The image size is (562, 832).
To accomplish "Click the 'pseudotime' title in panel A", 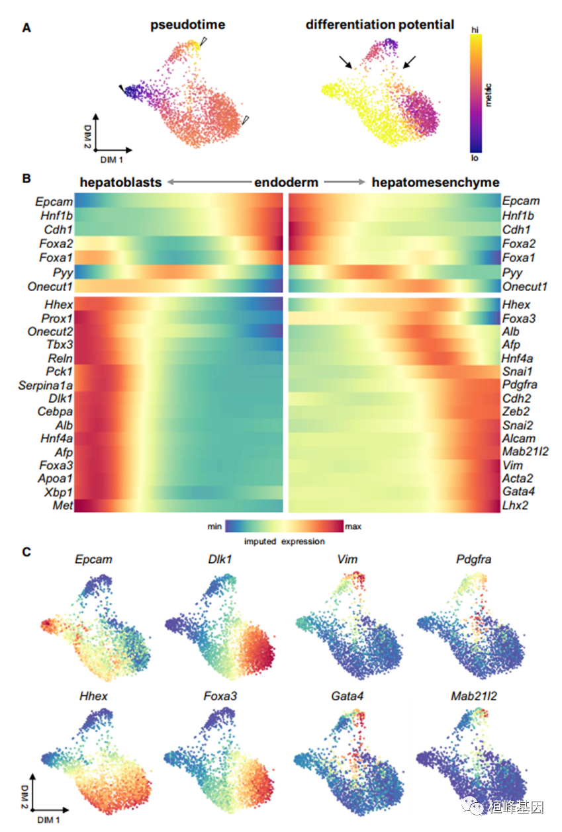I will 187,25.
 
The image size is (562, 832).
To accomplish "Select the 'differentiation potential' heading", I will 380,25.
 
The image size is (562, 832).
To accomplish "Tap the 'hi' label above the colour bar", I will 475,30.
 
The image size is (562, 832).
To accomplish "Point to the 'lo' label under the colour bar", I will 475,159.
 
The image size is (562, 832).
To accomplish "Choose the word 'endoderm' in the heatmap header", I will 286,183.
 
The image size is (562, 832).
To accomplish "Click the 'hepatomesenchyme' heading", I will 435,183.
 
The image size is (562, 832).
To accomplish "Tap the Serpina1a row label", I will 46,385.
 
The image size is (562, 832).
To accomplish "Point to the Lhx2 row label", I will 514,505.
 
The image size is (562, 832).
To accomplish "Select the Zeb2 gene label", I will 516,411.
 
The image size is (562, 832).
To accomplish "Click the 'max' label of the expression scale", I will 353,527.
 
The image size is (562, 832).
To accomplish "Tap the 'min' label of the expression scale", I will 214,527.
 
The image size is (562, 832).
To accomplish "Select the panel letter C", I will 26,552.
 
